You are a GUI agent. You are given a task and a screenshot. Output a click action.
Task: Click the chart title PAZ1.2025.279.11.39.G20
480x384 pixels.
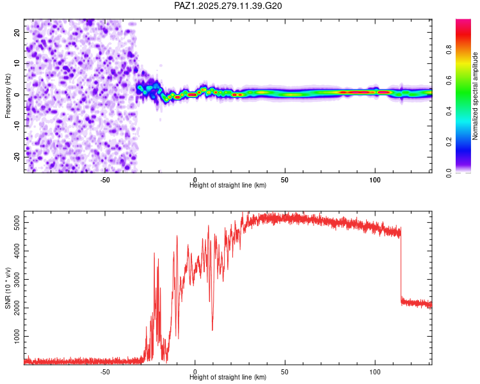[x=228, y=6]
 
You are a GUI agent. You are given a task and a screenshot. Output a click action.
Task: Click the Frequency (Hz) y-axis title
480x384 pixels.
[x=8, y=95]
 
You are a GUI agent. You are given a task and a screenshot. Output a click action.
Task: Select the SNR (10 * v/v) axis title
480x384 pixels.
[x=8, y=287]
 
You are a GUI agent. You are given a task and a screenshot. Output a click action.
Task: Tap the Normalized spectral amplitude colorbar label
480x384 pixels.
[x=475, y=96]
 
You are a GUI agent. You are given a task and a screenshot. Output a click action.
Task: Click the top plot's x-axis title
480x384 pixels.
[x=228, y=185]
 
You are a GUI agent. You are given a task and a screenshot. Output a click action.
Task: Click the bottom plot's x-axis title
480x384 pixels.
[x=228, y=377]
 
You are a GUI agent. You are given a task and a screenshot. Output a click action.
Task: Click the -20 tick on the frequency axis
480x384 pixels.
[x=16, y=157]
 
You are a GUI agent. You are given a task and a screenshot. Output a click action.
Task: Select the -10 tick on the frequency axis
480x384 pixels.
[x=16, y=125]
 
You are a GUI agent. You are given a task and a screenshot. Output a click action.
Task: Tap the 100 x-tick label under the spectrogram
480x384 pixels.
[x=375, y=180]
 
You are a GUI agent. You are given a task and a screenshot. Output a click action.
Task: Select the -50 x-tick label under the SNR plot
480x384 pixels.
[x=105, y=372]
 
